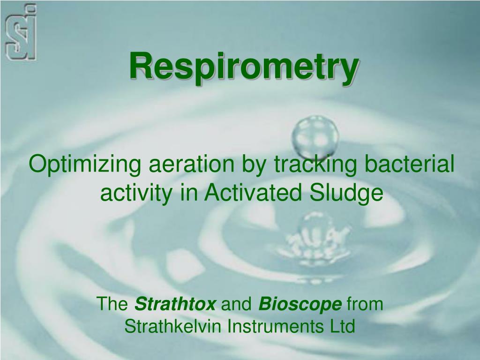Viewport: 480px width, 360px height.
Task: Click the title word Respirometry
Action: [x=244, y=67]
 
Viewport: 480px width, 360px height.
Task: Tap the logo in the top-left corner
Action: [x=20, y=32]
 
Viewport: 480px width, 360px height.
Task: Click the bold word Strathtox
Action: [x=175, y=305]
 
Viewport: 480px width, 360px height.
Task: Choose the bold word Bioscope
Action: [x=300, y=305]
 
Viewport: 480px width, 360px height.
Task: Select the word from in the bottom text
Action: [x=365, y=305]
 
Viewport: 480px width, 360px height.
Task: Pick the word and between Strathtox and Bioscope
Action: [x=237, y=305]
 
